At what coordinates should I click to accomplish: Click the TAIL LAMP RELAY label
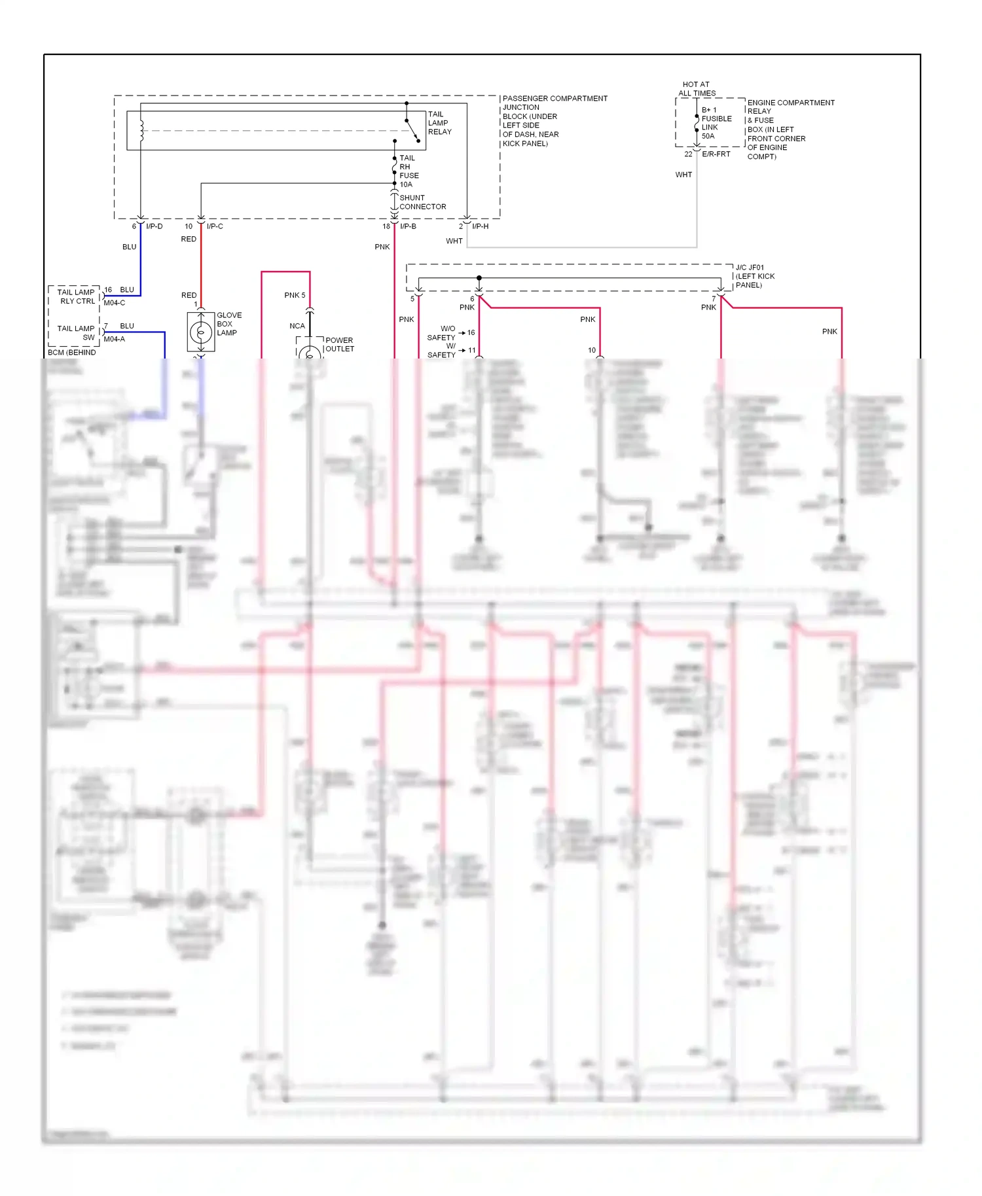coord(439,123)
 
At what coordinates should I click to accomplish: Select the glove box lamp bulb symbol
coord(201,332)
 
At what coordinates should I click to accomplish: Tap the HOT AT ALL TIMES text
coord(697,89)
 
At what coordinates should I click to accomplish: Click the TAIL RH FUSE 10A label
coord(409,171)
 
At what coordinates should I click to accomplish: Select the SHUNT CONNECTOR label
coord(422,202)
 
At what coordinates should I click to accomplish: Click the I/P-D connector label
coord(155,226)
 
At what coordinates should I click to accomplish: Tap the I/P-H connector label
coord(480,226)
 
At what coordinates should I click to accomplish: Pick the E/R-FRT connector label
coord(716,154)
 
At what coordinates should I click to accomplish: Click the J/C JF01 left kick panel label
coord(754,276)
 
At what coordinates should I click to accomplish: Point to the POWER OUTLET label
coord(339,345)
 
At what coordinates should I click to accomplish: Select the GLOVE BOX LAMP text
coord(228,324)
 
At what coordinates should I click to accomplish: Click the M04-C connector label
coord(114,303)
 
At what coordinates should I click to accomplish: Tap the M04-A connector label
coord(114,339)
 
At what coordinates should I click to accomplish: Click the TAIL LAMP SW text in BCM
coord(76,333)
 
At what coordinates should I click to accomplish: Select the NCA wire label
coord(297,326)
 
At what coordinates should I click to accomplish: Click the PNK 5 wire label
coord(295,295)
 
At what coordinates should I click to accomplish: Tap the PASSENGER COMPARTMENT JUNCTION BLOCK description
coord(554,121)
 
